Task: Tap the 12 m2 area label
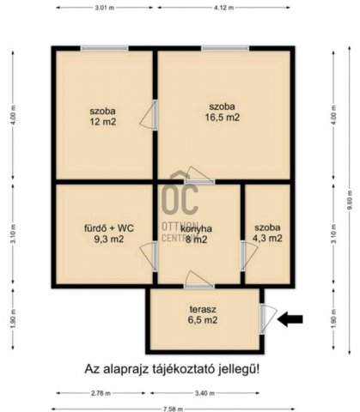[104, 123]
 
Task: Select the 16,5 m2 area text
[221, 118]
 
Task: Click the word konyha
[197, 228]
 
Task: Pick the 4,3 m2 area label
[267, 239]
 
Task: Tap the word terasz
[204, 308]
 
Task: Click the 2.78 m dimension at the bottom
[101, 392]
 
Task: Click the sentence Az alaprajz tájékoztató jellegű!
[172, 369]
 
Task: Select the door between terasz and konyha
[198, 285]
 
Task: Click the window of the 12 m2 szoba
[104, 48]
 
